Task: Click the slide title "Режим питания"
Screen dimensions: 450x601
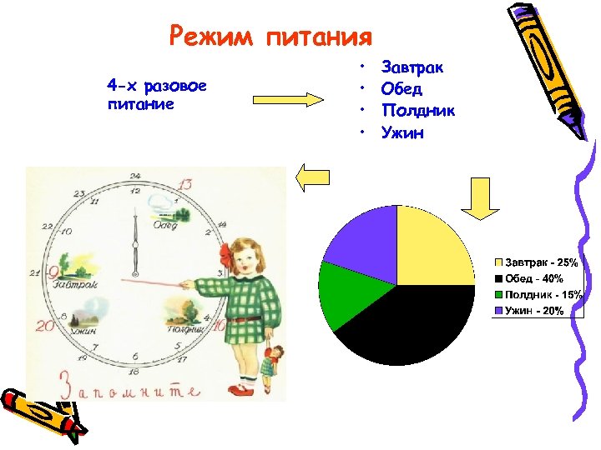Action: coord(270,37)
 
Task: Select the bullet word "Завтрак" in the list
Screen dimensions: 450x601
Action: coord(412,67)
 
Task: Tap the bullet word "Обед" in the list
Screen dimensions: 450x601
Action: coord(402,88)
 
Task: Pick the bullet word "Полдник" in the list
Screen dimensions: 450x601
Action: coord(417,110)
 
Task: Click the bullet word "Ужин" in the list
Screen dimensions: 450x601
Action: coord(402,132)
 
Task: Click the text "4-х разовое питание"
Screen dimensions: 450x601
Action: coord(157,94)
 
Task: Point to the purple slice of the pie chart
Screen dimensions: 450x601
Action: coord(363,237)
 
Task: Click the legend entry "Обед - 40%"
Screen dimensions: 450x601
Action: coord(533,278)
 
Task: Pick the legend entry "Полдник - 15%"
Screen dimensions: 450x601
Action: coord(538,294)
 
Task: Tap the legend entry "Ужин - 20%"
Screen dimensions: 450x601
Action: coord(534,310)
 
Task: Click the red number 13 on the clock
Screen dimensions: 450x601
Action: coord(185,184)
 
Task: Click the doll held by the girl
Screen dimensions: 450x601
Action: coord(272,363)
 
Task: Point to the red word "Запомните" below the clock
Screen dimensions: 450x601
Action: coord(129,386)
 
